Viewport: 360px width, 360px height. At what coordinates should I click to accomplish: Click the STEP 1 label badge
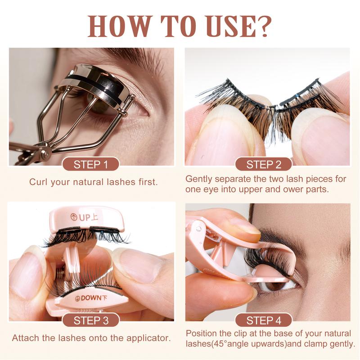[x=90, y=164]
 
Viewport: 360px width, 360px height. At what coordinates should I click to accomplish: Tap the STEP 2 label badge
[x=263, y=164]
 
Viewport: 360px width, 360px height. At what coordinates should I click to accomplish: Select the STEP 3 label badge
[x=90, y=320]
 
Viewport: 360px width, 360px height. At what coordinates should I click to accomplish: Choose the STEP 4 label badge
[x=263, y=320]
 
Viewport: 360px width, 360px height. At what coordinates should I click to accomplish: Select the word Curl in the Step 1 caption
[x=38, y=182]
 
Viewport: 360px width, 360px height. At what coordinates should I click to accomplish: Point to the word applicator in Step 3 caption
[x=146, y=337]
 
